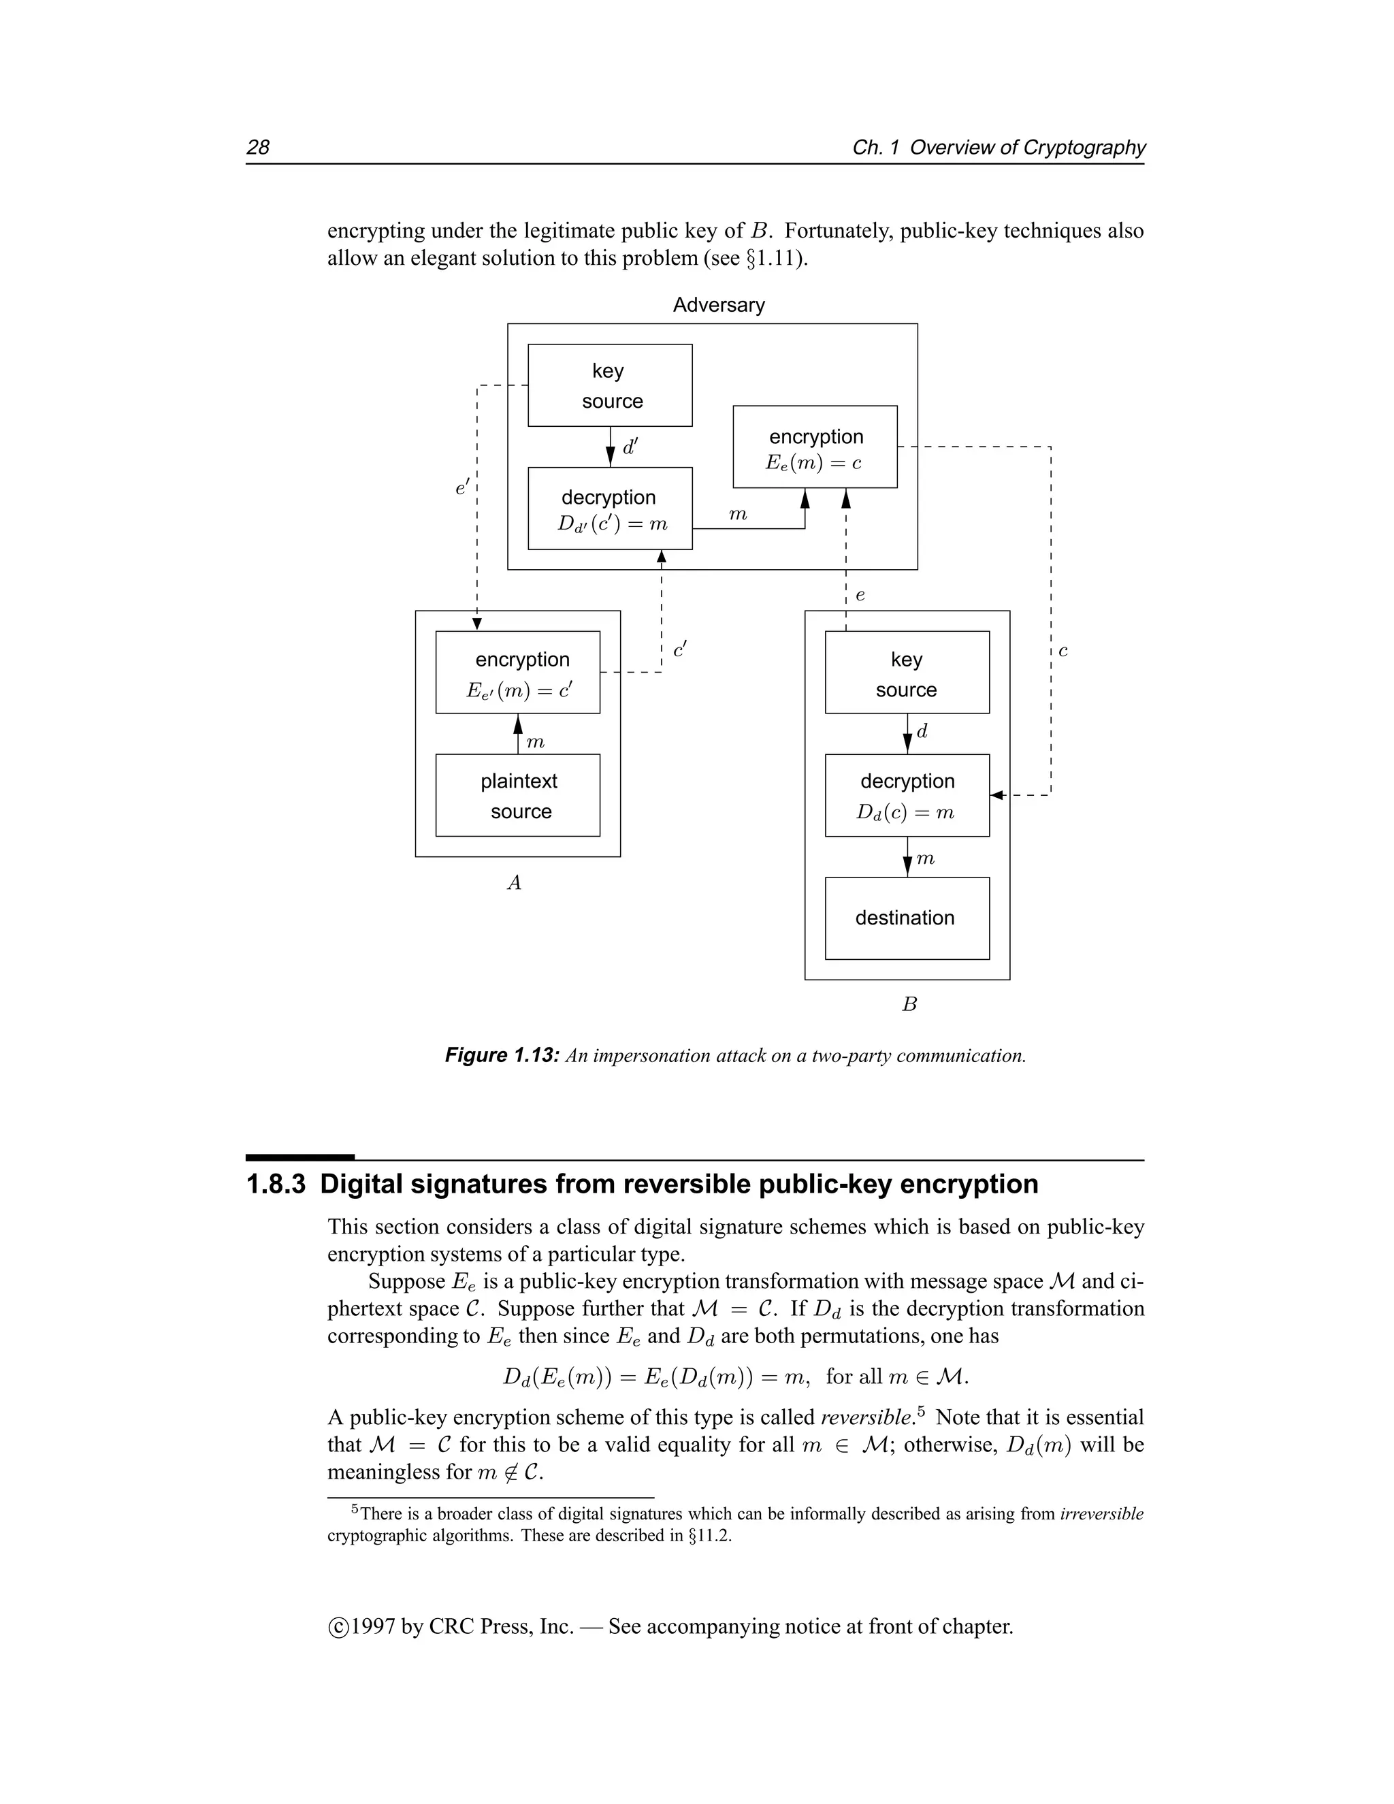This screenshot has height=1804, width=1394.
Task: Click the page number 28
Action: click(258, 147)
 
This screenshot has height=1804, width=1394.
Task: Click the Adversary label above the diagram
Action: click(719, 305)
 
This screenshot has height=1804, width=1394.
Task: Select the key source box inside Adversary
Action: click(609, 385)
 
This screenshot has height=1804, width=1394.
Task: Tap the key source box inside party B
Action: click(907, 673)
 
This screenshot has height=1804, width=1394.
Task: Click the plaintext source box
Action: click(518, 795)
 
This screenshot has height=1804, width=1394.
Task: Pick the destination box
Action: click(907, 918)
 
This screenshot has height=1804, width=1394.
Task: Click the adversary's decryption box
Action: click(609, 509)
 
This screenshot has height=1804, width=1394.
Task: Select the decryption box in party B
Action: click(907, 795)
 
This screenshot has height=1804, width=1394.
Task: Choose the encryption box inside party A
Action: click(518, 673)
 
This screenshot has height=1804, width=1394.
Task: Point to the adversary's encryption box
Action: click(815, 447)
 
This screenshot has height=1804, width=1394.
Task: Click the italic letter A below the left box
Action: click(514, 883)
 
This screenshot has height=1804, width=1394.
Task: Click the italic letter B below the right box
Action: click(909, 1004)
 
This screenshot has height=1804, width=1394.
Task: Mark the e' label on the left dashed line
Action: click(461, 488)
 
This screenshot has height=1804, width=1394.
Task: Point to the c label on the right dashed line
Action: click(1063, 651)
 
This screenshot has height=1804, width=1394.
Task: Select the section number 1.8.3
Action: click(276, 1184)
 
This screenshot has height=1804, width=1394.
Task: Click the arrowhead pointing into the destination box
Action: click(907, 867)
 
